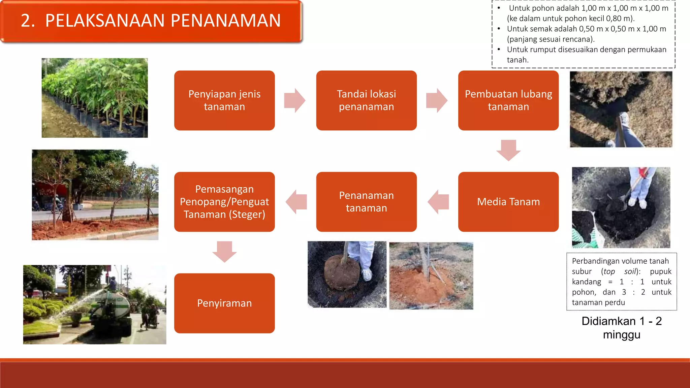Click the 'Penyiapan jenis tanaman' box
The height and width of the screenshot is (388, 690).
point(224,100)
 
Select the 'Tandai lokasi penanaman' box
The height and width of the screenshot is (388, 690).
point(366,100)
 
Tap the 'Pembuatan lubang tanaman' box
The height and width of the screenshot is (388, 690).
point(508,100)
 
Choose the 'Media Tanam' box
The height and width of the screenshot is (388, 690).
point(508,202)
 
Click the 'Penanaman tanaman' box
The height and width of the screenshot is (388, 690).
point(366,202)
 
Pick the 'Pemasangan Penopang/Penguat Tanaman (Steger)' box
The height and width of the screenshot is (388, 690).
point(224,202)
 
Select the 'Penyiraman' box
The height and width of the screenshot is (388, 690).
point(224,303)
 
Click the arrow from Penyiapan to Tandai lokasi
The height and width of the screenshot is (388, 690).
point(295,100)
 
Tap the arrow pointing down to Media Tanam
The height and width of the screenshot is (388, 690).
point(508,150)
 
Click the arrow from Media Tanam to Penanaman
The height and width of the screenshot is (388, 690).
point(438,202)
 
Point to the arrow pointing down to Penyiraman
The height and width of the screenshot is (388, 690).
point(224,252)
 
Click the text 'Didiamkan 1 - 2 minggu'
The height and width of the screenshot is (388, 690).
point(622,328)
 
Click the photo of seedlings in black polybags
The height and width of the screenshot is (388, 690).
point(95,98)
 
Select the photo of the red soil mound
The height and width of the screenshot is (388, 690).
point(431,276)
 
